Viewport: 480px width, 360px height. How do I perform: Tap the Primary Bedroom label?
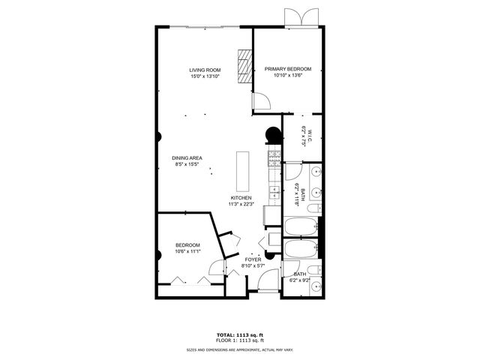[x=287, y=70]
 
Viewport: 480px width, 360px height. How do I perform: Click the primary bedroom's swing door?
[x=260, y=101]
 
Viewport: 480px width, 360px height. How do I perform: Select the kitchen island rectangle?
[x=242, y=171]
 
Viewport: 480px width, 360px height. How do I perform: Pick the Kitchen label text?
[x=240, y=198]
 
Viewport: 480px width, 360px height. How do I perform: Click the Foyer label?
[x=253, y=260]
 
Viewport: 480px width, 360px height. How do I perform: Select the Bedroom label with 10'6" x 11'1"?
[x=187, y=245]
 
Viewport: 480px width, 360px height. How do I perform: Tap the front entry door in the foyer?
[x=266, y=283]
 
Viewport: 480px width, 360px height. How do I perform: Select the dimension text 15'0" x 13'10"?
[x=204, y=76]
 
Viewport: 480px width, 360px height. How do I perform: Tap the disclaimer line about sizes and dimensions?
[x=239, y=349]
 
